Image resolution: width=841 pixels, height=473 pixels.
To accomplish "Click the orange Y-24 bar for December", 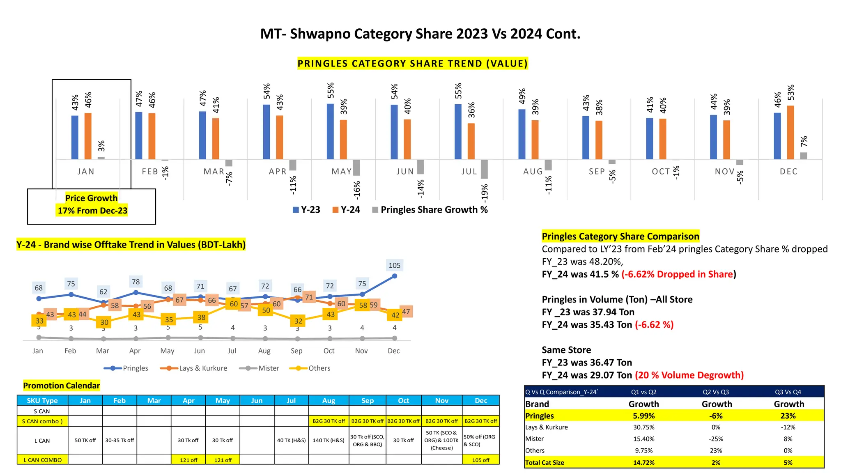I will (790, 132).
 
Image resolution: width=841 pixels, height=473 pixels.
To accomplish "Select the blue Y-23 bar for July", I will (458, 131).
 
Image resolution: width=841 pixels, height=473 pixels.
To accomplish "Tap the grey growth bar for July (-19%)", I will (484, 169).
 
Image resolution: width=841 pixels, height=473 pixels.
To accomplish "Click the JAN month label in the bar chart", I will (86, 172).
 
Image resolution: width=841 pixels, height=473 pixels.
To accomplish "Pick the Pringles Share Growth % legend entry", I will (430, 210).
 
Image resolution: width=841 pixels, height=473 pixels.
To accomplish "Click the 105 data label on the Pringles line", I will (394, 266).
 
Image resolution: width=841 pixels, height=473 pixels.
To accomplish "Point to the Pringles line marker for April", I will (136, 293).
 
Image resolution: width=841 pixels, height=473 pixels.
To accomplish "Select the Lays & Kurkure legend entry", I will (194, 368).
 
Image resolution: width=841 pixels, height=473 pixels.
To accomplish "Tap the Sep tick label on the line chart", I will (296, 351).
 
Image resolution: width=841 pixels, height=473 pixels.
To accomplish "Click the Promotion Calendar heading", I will (61, 386).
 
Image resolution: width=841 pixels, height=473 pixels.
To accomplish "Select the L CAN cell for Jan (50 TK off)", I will (85, 441).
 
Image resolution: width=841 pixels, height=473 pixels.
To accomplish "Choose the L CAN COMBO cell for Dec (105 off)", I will (480, 460).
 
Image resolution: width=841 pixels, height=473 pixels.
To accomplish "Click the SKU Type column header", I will (42, 400).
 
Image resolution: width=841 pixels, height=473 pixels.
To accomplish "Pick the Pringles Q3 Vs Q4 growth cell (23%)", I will (788, 416).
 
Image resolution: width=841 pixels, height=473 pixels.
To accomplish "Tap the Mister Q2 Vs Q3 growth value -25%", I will (716, 439).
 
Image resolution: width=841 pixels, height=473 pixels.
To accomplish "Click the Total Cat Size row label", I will (545, 463).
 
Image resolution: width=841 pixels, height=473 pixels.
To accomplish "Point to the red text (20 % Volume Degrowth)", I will (689, 375).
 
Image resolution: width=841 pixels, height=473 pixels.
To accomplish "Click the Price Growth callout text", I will (92, 204).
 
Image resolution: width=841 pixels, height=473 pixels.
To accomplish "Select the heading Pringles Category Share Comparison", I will (620, 236).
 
